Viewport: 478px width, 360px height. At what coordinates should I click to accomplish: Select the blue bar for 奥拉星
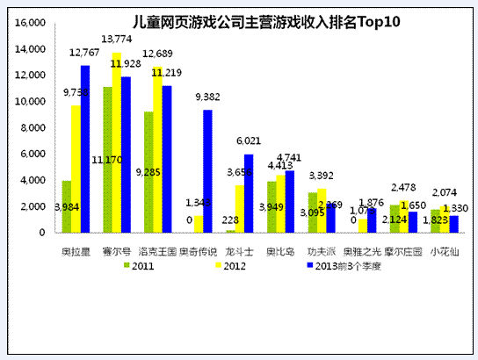(85, 149)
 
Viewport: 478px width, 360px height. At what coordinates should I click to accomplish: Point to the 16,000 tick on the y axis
(31, 22)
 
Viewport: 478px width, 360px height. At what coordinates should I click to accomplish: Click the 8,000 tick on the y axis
(33, 127)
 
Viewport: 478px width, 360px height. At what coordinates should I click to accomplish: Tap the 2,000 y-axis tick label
(33, 206)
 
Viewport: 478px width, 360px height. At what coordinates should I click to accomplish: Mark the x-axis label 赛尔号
(115, 250)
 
